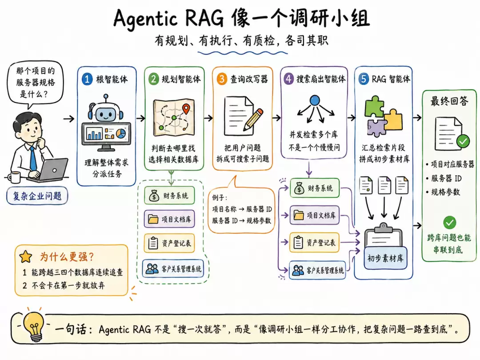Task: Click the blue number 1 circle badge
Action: (x=87, y=79)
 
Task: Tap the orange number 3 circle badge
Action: (x=222, y=79)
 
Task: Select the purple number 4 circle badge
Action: (x=288, y=79)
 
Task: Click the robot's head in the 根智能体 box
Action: (x=106, y=112)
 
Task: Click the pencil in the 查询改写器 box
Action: (x=253, y=120)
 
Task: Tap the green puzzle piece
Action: (x=374, y=107)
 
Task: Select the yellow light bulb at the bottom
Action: (x=34, y=327)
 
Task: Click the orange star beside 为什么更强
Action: (x=26, y=257)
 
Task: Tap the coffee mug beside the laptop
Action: (x=14, y=177)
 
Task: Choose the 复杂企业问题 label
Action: (x=37, y=196)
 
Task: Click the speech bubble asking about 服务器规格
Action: (x=36, y=83)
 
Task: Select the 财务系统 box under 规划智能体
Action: (x=169, y=196)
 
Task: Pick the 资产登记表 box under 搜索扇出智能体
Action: (x=315, y=243)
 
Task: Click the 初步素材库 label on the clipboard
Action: (x=385, y=258)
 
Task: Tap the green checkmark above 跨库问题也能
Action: (x=449, y=223)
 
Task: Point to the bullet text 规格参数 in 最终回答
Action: (x=445, y=192)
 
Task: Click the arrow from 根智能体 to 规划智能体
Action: (x=140, y=118)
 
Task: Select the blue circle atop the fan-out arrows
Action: (x=315, y=100)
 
